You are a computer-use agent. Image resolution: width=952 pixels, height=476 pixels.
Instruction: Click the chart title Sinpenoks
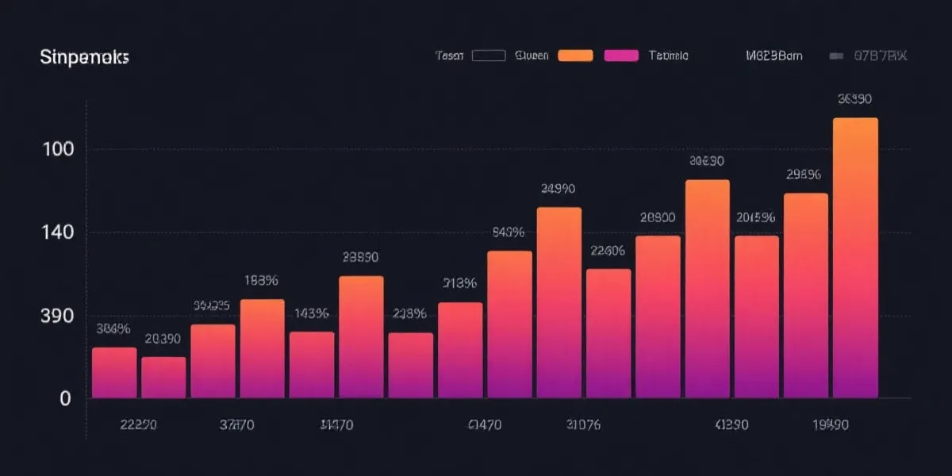coord(84,58)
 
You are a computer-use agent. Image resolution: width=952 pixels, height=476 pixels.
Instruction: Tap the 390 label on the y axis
coord(57,315)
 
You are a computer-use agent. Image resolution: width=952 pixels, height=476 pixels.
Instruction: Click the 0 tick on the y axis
coord(65,399)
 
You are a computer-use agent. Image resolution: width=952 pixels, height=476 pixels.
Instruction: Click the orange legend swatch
coord(575,56)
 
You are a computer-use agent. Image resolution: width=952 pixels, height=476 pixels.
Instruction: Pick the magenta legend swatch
coord(621,56)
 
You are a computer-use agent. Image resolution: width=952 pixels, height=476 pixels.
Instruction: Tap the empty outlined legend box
coord(489,56)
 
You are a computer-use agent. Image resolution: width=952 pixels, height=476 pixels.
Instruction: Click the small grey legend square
coord(835,56)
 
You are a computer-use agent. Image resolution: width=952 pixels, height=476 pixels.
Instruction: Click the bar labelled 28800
coord(658,317)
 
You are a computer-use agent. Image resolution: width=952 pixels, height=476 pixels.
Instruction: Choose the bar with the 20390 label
coord(163,378)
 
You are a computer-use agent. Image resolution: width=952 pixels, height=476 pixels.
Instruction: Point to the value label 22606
coord(608,251)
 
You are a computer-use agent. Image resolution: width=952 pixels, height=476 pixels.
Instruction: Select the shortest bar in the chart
coord(163,378)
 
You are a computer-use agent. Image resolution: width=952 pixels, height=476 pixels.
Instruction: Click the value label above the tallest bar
coord(854,99)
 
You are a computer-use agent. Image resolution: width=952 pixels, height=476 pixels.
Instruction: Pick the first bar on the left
coord(114,372)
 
